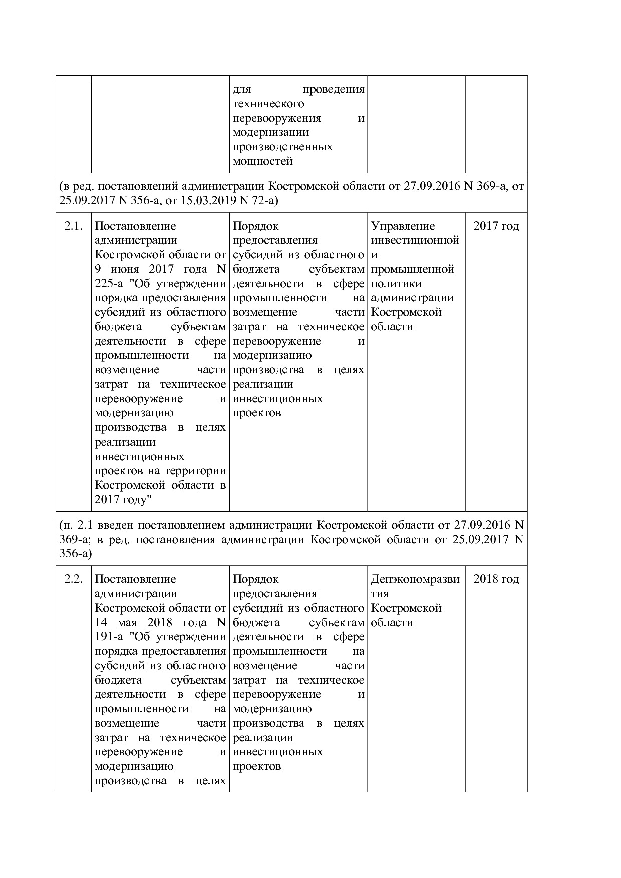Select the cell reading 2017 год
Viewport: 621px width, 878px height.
coord(496,226)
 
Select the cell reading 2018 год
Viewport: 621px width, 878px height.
coord(496,579)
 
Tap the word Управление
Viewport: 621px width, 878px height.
coord(403,226)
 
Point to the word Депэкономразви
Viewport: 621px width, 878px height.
coord(415,579)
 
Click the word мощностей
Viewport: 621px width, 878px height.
coord(263,161)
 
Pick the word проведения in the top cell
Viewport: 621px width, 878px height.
coord(334,90)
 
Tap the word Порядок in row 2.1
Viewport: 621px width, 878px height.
coord(255,226)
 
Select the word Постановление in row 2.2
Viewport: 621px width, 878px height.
coord(135,579)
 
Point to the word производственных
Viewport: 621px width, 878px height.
coord(282,147)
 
